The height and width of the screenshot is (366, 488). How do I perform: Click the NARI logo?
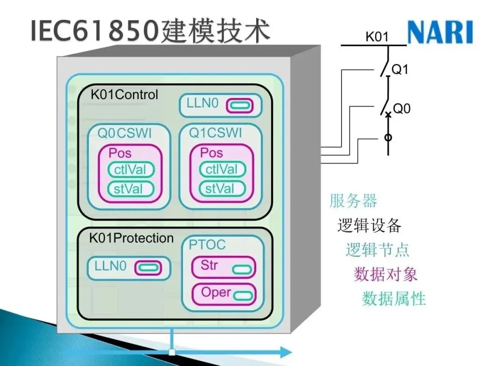[440, 33]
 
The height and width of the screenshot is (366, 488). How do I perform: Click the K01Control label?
[124, 94]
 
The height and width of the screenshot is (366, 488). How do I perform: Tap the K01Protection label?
[131, 238]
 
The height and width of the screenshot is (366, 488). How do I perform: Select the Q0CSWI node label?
[125, 133]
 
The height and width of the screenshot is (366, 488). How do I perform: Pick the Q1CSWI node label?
[215, 133]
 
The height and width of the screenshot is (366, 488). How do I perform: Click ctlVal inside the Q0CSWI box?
[131, 170]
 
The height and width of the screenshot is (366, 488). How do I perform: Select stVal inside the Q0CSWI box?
[131, 188]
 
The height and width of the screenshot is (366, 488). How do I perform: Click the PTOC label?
[207, 245]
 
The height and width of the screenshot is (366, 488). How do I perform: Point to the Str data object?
[209, 265]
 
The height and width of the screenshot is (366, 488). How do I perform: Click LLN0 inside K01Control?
[202, 103]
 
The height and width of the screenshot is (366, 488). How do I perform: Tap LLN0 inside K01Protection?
[110, 266]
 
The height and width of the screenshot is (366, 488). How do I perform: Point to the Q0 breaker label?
[401, 108]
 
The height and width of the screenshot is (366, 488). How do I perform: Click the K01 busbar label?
[377, 37]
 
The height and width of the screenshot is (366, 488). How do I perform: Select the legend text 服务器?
[353, 201]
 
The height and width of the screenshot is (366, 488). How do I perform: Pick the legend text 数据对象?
[385, 274]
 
